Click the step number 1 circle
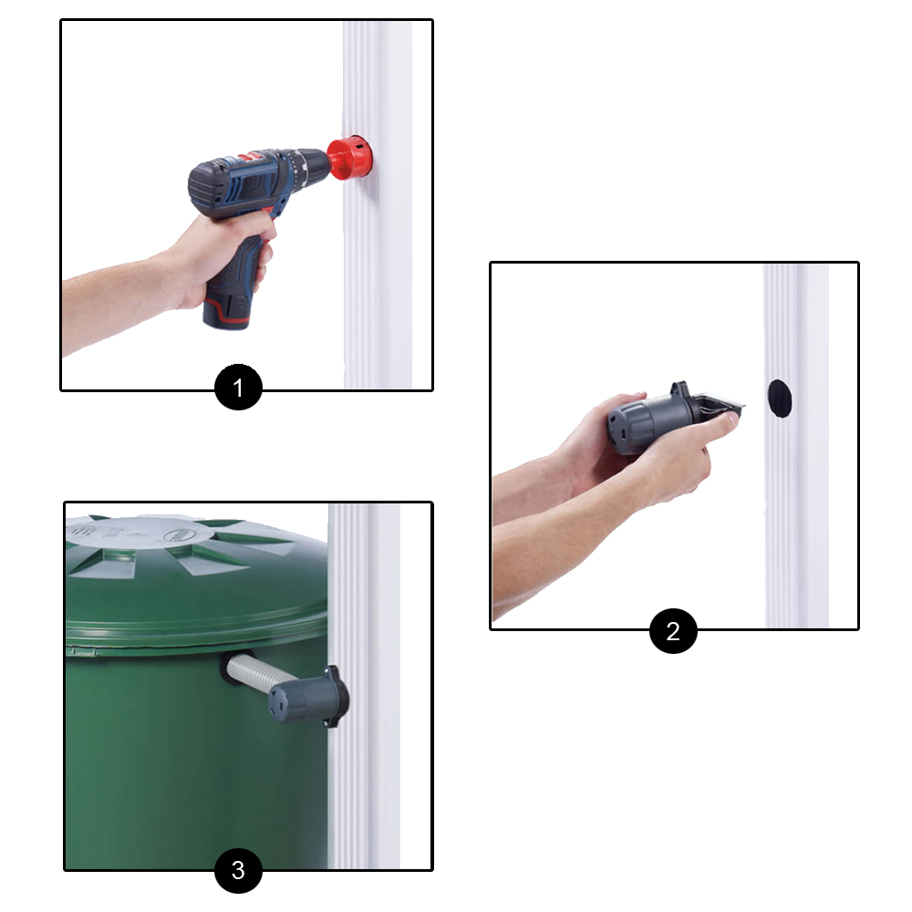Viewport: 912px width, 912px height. (238, 388)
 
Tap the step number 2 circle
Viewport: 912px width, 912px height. (673, 631)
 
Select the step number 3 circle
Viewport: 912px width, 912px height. (238, 870)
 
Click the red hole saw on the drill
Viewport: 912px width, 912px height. (349, 158)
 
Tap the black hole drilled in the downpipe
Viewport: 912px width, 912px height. (780, 398)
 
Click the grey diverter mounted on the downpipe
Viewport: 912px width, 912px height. (308, 697)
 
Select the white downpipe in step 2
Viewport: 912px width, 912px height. (795, 446)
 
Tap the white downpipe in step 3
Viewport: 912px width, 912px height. (363, 687)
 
